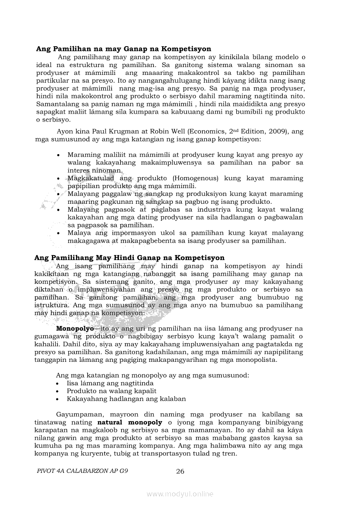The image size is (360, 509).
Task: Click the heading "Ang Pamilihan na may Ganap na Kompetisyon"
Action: (x=123, y=49)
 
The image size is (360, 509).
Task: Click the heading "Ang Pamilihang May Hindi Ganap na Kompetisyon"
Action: (x=129, y=258)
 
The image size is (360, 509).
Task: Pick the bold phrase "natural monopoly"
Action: (x=129, y=422)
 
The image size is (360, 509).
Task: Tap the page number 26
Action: (x=180, y=471)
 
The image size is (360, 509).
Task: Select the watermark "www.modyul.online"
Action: (x=180, y=494)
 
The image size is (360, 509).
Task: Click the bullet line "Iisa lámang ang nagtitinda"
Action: (x=110, y=383)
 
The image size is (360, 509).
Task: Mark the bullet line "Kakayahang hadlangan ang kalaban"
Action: (x=126, y=399)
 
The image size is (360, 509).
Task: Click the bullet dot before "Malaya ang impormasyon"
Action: (x=58, y=233)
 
